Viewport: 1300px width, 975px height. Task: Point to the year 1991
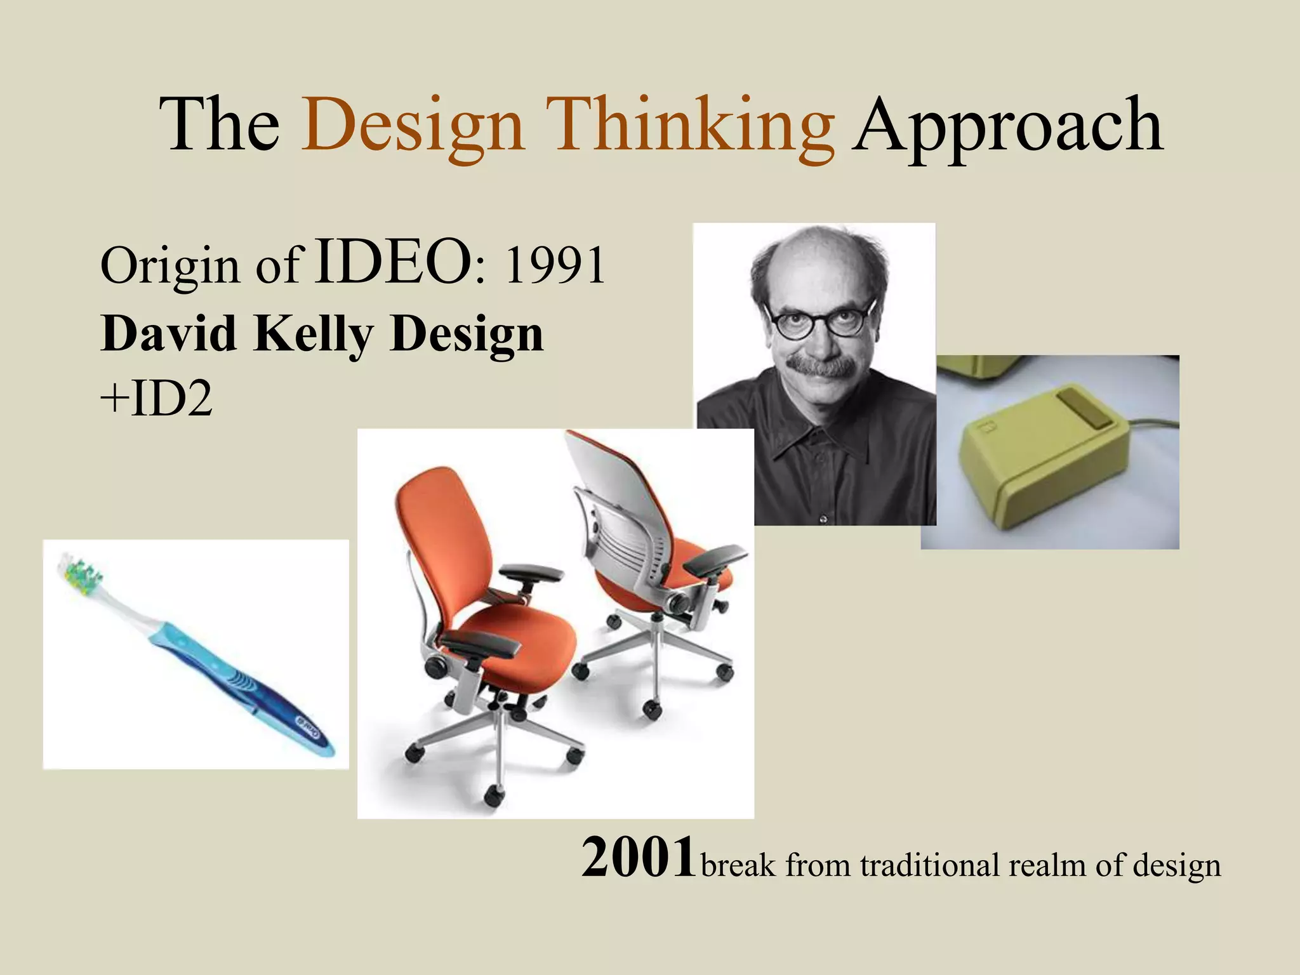point(554,265)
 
